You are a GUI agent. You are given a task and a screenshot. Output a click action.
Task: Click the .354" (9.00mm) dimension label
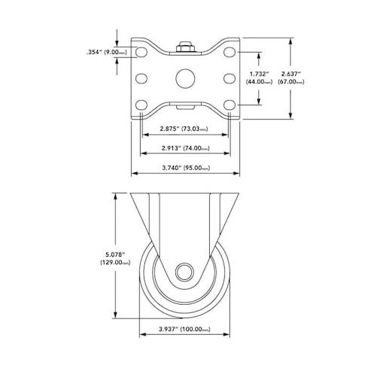[x=107, y=52]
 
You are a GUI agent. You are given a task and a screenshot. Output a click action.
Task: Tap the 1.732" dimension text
[x=259, y=74]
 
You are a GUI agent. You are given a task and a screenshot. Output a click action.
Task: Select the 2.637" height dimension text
[x=291, y=74]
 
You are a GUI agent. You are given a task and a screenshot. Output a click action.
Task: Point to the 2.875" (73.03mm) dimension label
[x=184, y=129]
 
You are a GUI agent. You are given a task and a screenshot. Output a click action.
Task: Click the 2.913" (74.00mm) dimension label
[x=185, y=148]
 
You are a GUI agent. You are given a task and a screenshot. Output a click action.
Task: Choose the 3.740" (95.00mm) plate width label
[x=186, y=168]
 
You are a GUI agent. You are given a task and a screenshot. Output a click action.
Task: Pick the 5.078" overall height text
[x=115, y=254]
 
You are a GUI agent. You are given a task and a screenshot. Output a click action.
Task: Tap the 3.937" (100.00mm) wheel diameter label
[x=184, y=329]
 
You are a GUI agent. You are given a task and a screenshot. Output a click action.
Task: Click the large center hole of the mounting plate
[x=185, y=78]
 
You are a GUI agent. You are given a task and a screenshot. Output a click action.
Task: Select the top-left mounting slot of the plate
[x=141, y=52]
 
